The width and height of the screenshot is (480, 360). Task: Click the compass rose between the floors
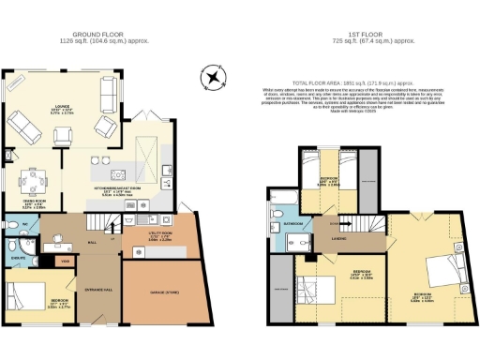pyautogui.click(x=215, y=79)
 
